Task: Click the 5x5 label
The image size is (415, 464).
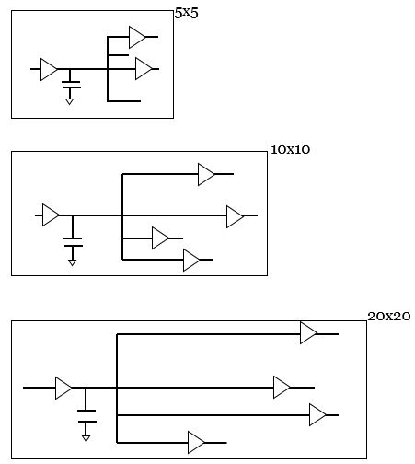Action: coord(186,14)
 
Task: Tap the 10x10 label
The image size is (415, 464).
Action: coord(291,149)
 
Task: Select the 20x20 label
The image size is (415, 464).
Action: coord(388,316)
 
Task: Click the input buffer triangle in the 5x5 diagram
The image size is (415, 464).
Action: coord(49,69)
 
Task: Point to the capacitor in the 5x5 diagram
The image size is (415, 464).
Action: coord(70,86)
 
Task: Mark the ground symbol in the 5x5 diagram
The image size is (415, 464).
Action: coord(70,101)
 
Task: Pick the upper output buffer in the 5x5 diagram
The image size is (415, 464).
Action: coord(137,37)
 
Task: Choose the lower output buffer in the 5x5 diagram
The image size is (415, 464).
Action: coord(143,69)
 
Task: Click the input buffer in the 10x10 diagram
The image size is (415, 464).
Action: coord(51,215)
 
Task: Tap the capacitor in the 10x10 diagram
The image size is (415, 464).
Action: coord(74,244)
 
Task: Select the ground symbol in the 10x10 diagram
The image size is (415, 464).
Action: coord(74,262)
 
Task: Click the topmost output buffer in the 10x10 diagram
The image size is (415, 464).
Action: coord(206,174)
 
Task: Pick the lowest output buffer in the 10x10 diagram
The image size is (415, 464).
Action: coord(191,261)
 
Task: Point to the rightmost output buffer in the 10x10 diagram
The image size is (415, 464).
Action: coord(235,216)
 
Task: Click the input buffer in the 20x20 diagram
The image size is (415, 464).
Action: coord(63,388)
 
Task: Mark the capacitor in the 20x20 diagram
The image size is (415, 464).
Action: coord(86,420)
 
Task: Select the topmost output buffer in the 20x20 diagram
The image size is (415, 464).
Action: coord(308,333)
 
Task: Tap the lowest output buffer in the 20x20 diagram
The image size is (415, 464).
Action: coord(196,443)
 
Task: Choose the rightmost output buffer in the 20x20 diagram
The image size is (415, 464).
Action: coord(317,415)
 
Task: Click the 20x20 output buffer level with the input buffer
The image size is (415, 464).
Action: coord(282,388)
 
